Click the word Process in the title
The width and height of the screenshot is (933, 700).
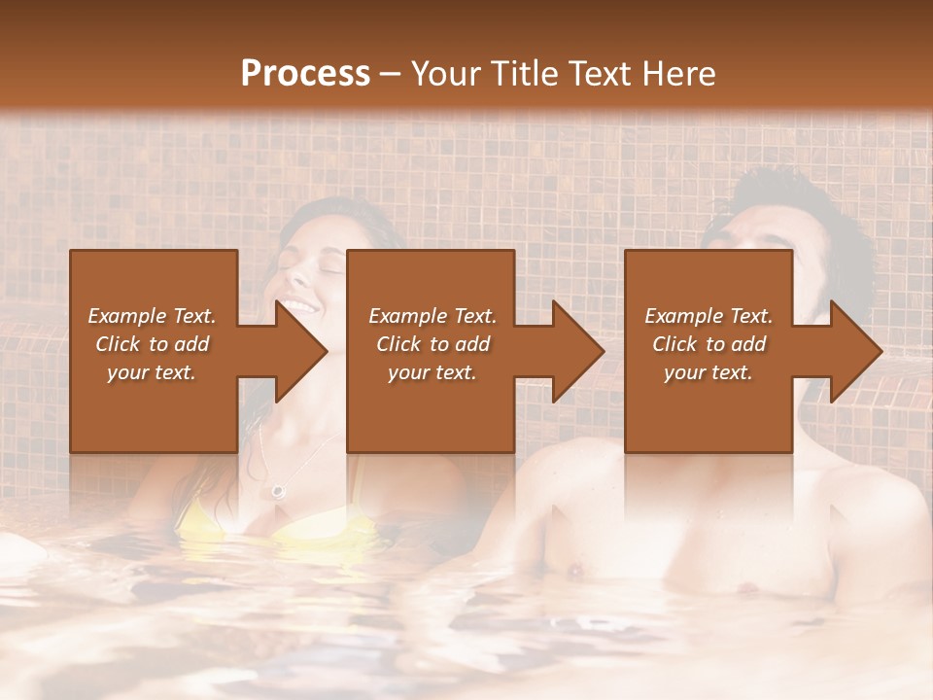point(305,73)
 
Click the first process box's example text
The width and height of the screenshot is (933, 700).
point(153,344)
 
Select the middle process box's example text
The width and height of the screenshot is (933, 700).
point(432,344)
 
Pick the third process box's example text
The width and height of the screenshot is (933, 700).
point(708,344)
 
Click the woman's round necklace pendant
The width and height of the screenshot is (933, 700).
point(280,491)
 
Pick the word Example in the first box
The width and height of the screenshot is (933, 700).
point(125,316)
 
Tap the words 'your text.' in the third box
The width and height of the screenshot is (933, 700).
point(708,372)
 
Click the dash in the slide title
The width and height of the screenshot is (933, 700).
point(391,74)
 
